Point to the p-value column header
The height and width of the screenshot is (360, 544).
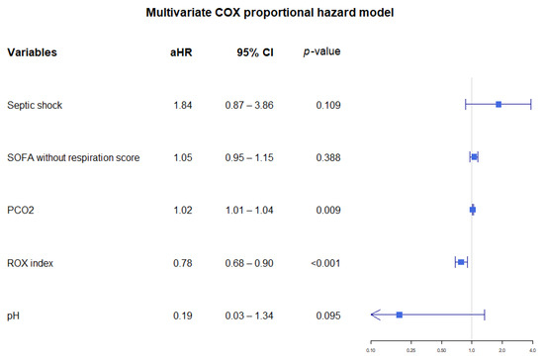coord(322,51)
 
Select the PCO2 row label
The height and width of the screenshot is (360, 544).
coord(21,210)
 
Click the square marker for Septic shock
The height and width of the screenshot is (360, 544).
coord(499,104)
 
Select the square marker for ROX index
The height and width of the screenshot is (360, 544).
coord(461,262)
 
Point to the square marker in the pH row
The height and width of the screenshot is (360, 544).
coord(399,315)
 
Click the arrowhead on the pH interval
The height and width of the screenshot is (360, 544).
coord(374,315)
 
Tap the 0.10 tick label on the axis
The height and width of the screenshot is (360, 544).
coord(371,349)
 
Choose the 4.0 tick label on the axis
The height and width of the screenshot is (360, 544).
coord(532,349)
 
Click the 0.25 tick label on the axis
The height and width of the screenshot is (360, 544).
coord(410,349)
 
